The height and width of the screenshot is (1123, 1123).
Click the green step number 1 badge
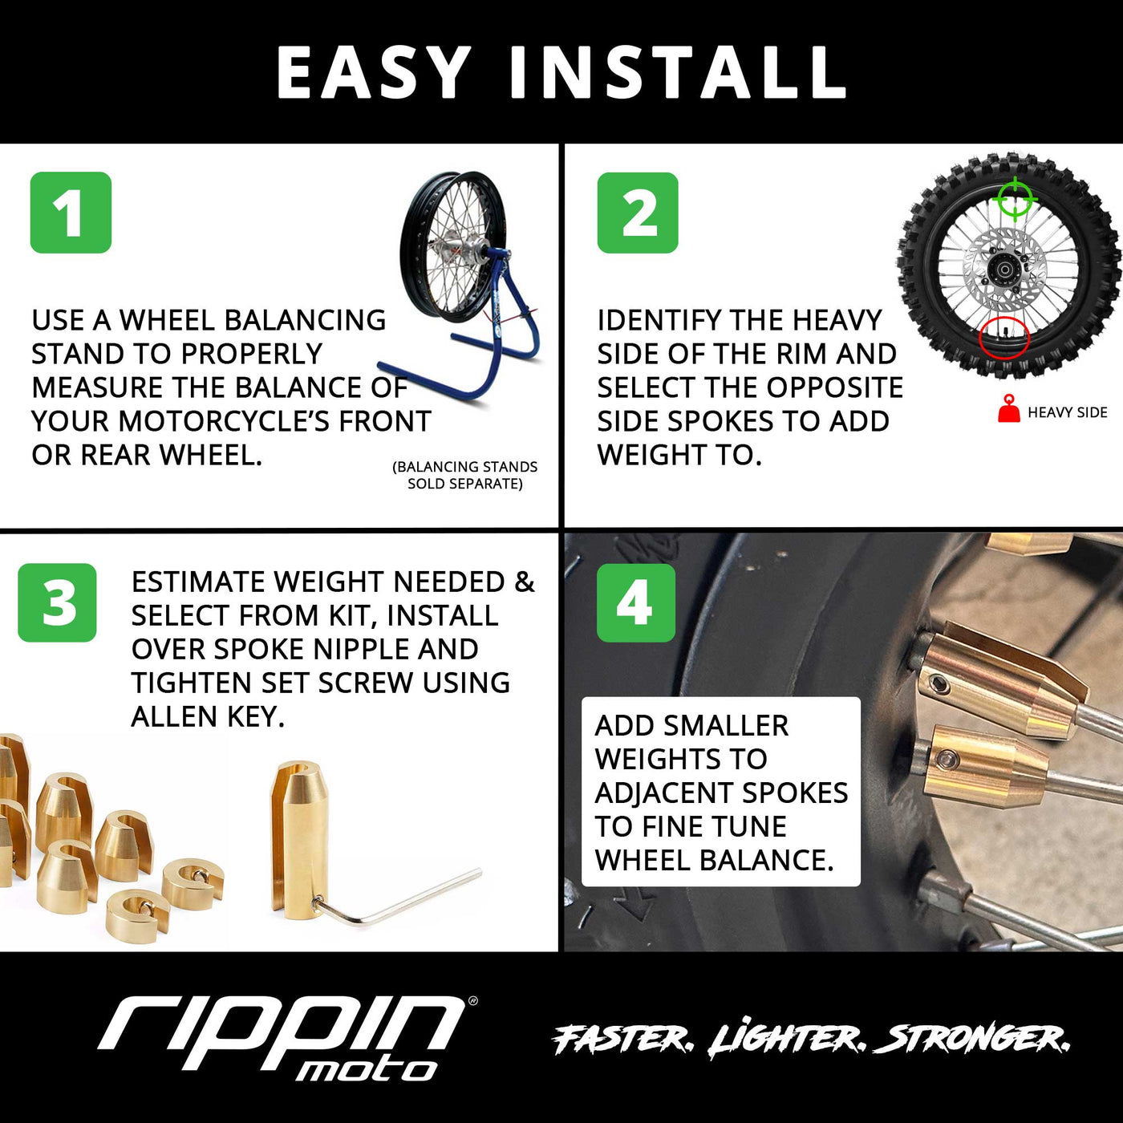click(x=71, y=213)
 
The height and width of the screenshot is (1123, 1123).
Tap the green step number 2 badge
click(x=638, y=213)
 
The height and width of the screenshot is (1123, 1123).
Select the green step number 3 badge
click(x=58, y=602)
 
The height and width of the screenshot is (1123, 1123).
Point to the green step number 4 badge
click(x=635, y=602)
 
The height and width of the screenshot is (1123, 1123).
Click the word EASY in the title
click(x=374, y=72)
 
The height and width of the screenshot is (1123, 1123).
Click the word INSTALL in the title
click(x=679, y=72)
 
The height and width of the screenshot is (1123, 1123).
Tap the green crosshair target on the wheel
click(x=1015, y=197)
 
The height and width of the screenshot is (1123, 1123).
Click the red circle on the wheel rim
click(x=1003, y=337)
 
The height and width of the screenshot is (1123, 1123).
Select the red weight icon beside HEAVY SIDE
click(x=1008, y=409)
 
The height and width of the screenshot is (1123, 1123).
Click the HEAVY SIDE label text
click(x=1067, y=412)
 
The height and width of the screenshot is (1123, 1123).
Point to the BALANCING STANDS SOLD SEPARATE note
click(x=465, y=475)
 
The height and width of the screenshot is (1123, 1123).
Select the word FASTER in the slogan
click(x=622, y=1040)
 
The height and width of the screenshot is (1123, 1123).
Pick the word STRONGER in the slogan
click(x=972, y=1040)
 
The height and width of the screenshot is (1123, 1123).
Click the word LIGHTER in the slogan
click(x=786, y=1040)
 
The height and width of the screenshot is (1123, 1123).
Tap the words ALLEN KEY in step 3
click(x=207, y=716)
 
